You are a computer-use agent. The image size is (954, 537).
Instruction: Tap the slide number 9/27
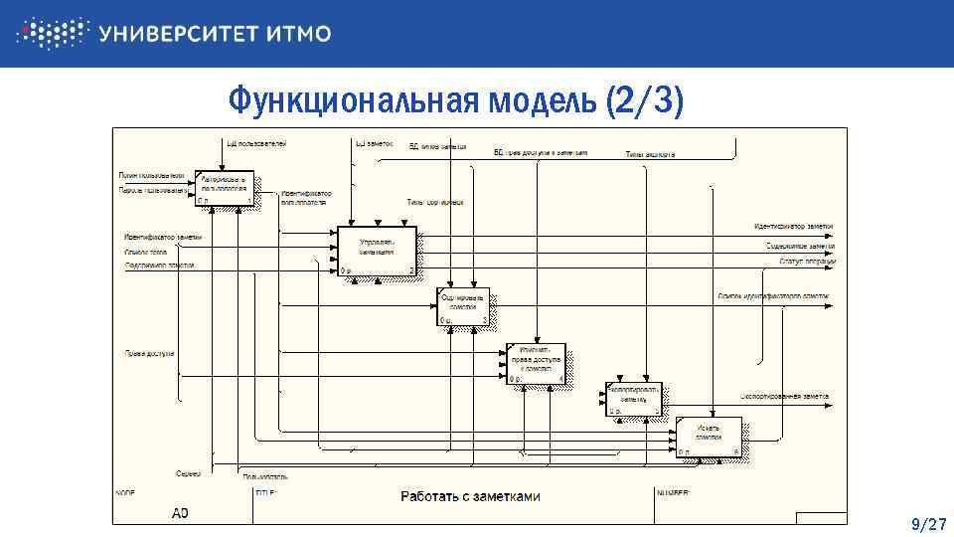click(x=928, y=524)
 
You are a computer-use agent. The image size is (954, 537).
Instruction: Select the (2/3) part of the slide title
click(x=645, y=100)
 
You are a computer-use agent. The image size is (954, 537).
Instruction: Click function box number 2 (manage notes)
click(x=377, y=251)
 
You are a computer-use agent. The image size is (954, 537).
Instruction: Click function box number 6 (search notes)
click(x=710, y=438)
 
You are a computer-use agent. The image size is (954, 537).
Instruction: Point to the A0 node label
click(x=180, y=513)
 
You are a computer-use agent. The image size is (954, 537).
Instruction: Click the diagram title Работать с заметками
click(x=470, y=496)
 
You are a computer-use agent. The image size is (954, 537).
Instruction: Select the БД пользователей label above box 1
click(x=256, y=144)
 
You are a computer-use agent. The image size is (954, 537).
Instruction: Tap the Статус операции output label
click(x=801, y=262)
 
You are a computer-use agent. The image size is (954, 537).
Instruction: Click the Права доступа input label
click(x=149, y=353)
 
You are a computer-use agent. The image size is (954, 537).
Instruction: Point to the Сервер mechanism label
click(x=189, y=473)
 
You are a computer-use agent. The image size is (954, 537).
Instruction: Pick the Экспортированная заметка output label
click(x=784, y=396)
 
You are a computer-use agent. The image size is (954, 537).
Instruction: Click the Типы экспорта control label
click(x=650, y=154)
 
